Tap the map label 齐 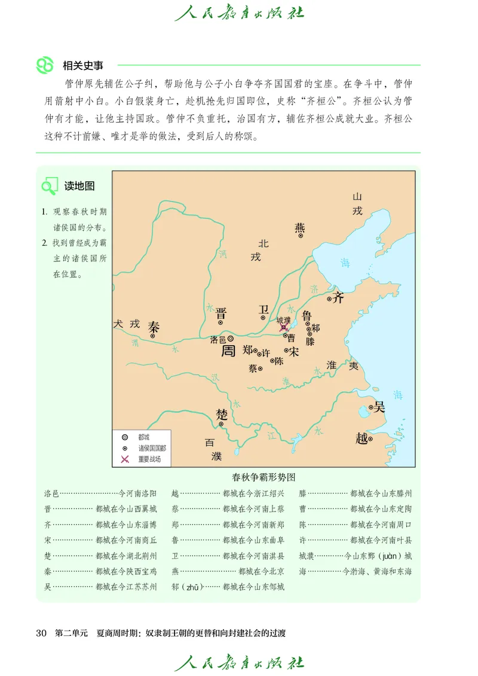[x=338, y=297]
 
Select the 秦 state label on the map [x=154, y=327]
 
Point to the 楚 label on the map [x=222, y=415]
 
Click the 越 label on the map [x=362, y=438]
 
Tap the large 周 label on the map [x=228, y=351]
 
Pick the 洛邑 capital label [x=217, y=339]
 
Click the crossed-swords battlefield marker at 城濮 [x=284, y=328]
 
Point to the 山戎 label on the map [x=357, y=203]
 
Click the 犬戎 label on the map [x=126, y=324]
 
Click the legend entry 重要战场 [x=149, y=459]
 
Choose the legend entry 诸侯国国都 [x=152, y=448]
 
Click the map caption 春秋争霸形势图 [x=264, y=477]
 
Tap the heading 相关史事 [x=81, y=66]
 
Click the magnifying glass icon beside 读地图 [x=49, y=187]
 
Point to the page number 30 [x=41, y=633]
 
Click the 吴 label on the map [x=379, y=407]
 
